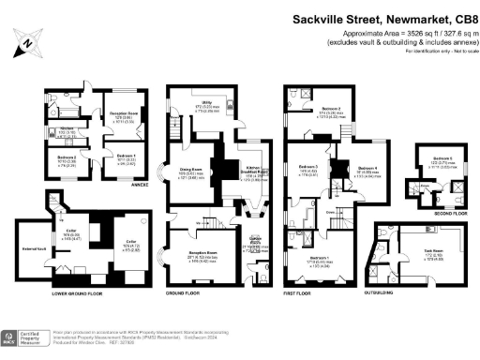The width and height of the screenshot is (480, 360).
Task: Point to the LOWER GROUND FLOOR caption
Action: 72,293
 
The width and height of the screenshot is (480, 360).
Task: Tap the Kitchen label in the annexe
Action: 66,129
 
